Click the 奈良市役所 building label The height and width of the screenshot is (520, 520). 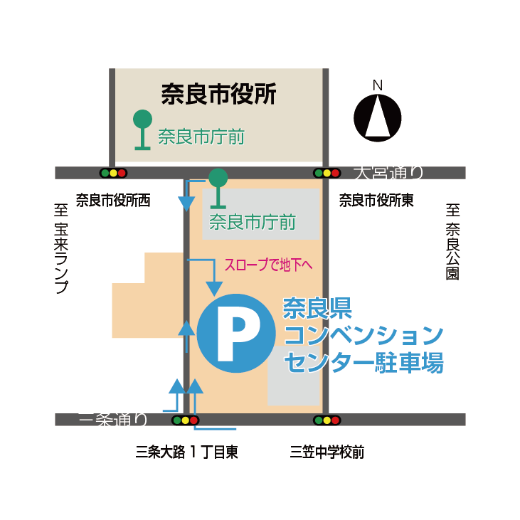pyautogui.click(x=218, y=93)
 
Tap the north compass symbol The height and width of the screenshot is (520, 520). pyautogui.click(x=378, y=117)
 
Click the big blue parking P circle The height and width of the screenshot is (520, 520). pyautogui.click(x=236, y=333)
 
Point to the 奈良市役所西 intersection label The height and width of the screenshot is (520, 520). pyautogui.click(x=113, y=201)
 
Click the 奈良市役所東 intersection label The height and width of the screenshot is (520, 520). pyautogui.click(x=376, y=201)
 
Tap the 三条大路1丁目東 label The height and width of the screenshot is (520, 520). pyautogui.click(x=186, y=452)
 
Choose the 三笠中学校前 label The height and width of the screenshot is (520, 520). pyautogui.click(x=327, y=452)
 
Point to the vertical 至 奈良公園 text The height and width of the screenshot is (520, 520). pyautogui.click(x=453, y=242)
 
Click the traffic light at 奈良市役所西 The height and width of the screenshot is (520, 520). pyautogui.click(x=113, y=173)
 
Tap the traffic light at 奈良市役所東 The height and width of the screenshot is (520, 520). pyautogui.click(x=327, y=173)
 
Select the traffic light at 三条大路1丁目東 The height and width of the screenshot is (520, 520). pyautogui.click(x=184, y=420)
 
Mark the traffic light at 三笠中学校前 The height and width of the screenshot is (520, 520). pyautogui.click(x=327, y=420)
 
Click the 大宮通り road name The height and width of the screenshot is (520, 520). pyautogui.click(x=389, y=171)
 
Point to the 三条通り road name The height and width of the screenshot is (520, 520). pyautogui.click(x=114, y=420)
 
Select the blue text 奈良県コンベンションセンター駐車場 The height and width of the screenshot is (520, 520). pyautogui.click(x=363, y=334)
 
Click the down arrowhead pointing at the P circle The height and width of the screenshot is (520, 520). pyautogui.click(x=213, y=287)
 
